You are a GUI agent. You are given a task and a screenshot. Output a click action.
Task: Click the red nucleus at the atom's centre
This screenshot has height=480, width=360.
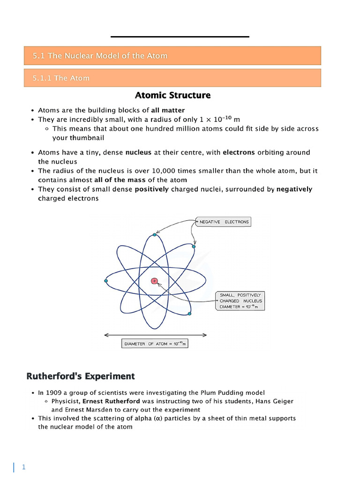(154, 281)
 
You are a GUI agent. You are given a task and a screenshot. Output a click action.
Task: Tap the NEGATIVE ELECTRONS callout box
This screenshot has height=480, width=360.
(223, 222)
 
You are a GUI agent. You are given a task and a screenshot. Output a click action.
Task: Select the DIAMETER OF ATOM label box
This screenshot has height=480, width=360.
(155, 344)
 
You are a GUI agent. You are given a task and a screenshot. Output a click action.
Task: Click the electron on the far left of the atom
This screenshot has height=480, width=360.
(106, 281)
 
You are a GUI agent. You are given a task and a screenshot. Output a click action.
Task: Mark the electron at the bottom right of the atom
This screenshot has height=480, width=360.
(189, 313)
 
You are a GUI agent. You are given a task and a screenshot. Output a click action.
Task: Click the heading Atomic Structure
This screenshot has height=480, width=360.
(172, 96)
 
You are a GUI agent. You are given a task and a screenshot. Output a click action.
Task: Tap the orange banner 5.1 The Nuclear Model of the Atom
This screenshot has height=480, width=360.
(172, 56)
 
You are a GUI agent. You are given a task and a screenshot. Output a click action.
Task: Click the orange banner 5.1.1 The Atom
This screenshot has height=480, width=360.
(172, 78)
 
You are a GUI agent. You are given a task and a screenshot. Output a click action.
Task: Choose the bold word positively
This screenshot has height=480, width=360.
(151, 189)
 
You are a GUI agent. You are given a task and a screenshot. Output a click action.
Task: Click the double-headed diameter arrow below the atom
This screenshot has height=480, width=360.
(155, 335)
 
